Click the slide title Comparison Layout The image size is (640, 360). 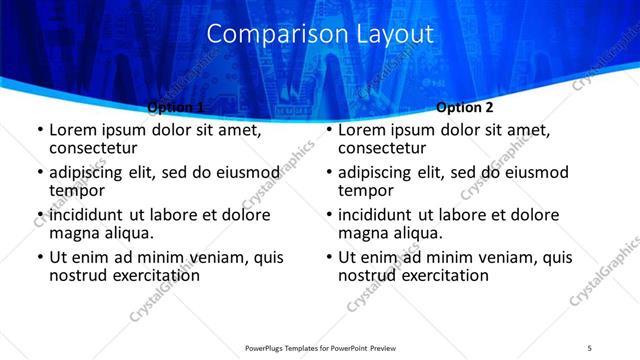pos(320,34)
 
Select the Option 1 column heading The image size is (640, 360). pos(176,107)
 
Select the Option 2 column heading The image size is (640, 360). pos(465,107)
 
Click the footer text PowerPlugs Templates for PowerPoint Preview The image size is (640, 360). pos(320,347)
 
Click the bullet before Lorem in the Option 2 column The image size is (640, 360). pos(328,131)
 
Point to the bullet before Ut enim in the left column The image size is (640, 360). pos(39,257)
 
